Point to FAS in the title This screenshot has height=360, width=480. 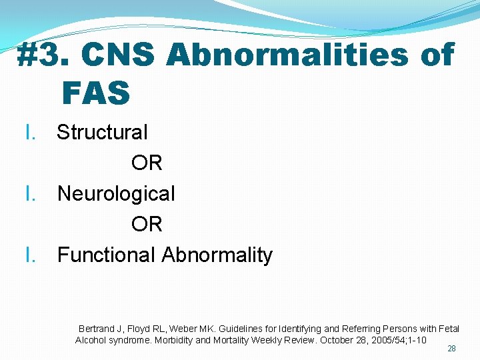[x=96, y=93]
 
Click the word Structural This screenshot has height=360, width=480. [x=102, y=132]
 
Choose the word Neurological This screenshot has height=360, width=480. [x=116, y=193]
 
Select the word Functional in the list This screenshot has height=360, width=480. [x=107, y=255]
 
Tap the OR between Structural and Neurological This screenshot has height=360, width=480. [x=147, y=163]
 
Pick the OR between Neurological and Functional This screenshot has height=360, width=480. [x=147, y=224]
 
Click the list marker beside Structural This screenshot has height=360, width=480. [x=29, y=132]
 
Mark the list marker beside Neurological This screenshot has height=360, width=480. [x=29, y=193]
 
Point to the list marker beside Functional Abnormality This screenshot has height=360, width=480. [x=29, y=255]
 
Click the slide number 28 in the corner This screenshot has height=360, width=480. [x=451, y=349]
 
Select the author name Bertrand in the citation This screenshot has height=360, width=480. [x=97, y=329]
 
